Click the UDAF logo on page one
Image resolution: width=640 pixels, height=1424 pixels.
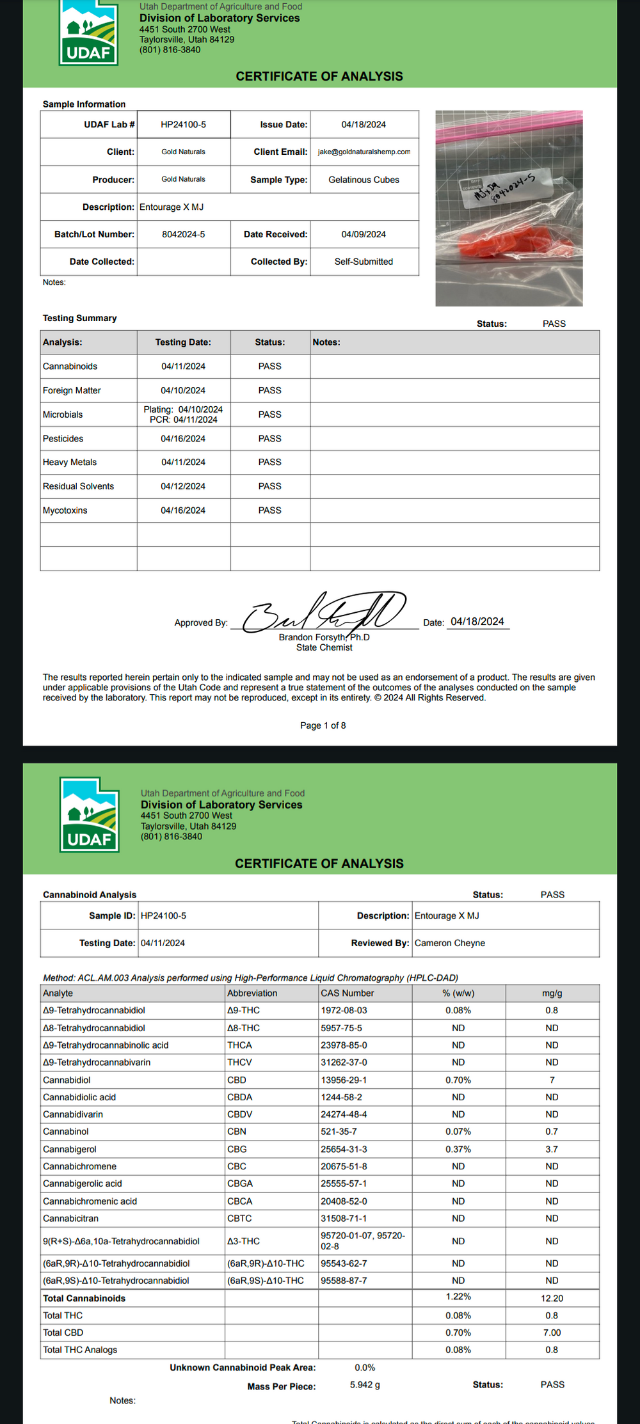coord(89,33)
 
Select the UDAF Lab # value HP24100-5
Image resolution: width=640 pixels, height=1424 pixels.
coord(183,125)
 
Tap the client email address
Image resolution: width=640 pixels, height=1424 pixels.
coord(364,152)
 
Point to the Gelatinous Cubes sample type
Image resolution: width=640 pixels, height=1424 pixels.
coord(364,180)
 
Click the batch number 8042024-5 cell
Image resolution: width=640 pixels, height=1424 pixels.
coord(183,235)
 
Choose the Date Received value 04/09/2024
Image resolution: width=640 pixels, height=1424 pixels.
coord(364,235)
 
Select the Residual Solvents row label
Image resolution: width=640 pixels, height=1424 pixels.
coord(78,486)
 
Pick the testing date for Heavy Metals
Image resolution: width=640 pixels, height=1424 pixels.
coord(183,462)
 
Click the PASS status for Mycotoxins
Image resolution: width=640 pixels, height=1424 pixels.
coord(269,510)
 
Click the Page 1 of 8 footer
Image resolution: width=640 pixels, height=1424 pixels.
coord(323,725)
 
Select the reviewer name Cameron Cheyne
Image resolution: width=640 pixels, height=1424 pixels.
coord(449,943)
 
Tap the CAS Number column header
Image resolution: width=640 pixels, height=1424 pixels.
coord(347,993)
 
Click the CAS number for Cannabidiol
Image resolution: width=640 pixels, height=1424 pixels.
coord(344,1080)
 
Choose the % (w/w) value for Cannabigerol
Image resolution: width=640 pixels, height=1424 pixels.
coord(458,1150)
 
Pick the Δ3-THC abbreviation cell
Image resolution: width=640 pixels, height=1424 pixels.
coord(243,1241)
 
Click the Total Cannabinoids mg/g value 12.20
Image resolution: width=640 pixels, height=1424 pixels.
coord(552,1298)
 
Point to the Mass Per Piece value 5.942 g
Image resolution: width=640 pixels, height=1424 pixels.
coord(365,1385)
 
